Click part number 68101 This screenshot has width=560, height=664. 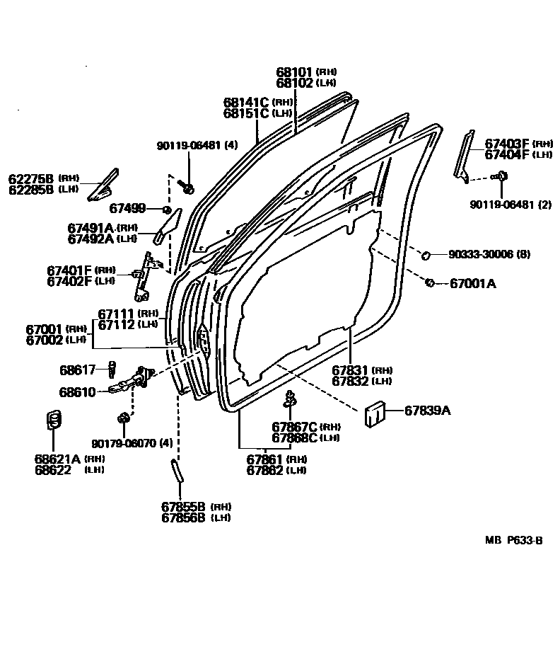(x=294, y=72)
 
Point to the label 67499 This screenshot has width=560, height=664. (x=127, y=208)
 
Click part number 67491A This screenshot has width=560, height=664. (x=91, y=228)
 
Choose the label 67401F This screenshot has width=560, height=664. (x=69, y=270)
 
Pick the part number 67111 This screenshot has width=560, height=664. (x=116, y=314)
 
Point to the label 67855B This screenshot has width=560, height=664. (x=182, y=506)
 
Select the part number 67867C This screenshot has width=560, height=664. (x=294, y=427)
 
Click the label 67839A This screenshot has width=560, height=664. (x=427, y=410)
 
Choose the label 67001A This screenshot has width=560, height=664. (x=473, y=284)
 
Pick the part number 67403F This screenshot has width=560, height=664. (x=507, y=144)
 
